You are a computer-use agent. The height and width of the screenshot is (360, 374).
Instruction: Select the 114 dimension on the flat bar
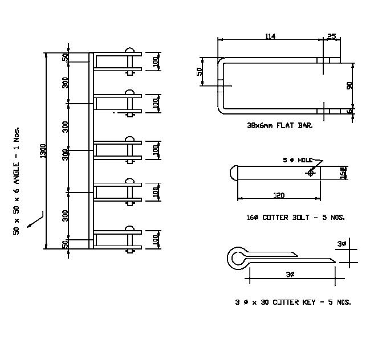270,36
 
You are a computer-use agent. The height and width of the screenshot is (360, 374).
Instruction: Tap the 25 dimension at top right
332,36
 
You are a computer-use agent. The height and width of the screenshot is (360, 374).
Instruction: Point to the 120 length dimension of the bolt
279,195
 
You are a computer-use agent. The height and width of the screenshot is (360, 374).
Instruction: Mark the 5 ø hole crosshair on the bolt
311,172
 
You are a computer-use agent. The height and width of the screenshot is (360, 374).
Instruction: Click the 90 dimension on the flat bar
349,85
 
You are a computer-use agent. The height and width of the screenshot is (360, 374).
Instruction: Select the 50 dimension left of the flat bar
200,72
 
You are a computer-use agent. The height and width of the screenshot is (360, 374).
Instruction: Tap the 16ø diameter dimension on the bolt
342,171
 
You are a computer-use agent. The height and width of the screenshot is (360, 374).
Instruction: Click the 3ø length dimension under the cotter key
291,275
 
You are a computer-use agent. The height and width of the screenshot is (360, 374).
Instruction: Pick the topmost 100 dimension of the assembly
155,62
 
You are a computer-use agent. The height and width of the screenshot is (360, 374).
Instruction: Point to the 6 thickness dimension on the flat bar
349,111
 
